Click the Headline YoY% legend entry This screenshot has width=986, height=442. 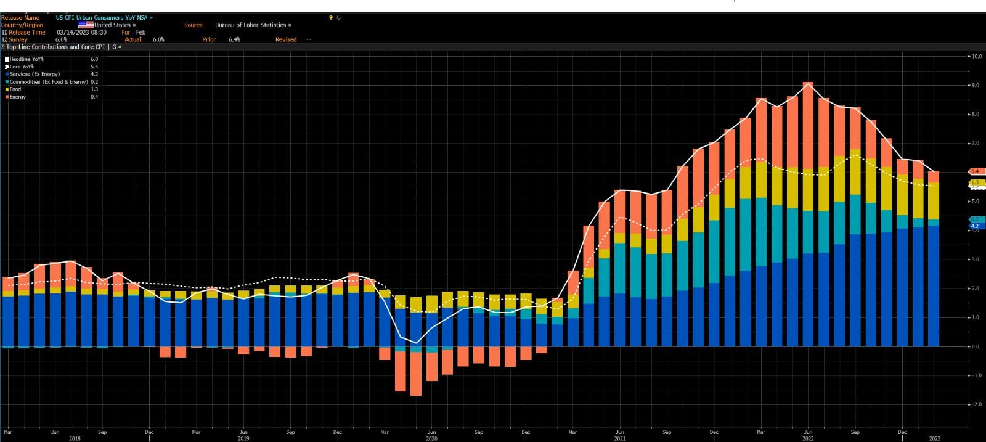click(x=26, y=59)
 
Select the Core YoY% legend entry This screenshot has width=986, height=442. click(x=22, y=67)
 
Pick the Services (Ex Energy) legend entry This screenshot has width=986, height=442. click(x=35, y=74)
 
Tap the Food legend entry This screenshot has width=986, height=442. click(x=15, y=89)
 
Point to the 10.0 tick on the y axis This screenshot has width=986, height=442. click(x=977, y=57)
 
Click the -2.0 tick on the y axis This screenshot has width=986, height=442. click(x=977, y=404)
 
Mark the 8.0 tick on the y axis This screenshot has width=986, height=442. click(x=976, y=115)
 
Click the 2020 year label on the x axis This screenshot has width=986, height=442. click(x=431, y=439)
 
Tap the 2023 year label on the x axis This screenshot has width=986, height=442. click(x=935, y=439)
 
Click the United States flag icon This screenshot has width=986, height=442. click(x=86, y=25)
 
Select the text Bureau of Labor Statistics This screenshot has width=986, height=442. click(x=251, y=25)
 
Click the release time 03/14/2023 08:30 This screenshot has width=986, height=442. click(x=81, y=33)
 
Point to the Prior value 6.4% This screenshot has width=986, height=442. click(x=234, y=39)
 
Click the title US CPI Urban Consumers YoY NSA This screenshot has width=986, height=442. click(x=102, y=18)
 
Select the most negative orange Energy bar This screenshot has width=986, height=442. click(x=416, y=373)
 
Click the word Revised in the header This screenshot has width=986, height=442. click(x=286, y=39)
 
